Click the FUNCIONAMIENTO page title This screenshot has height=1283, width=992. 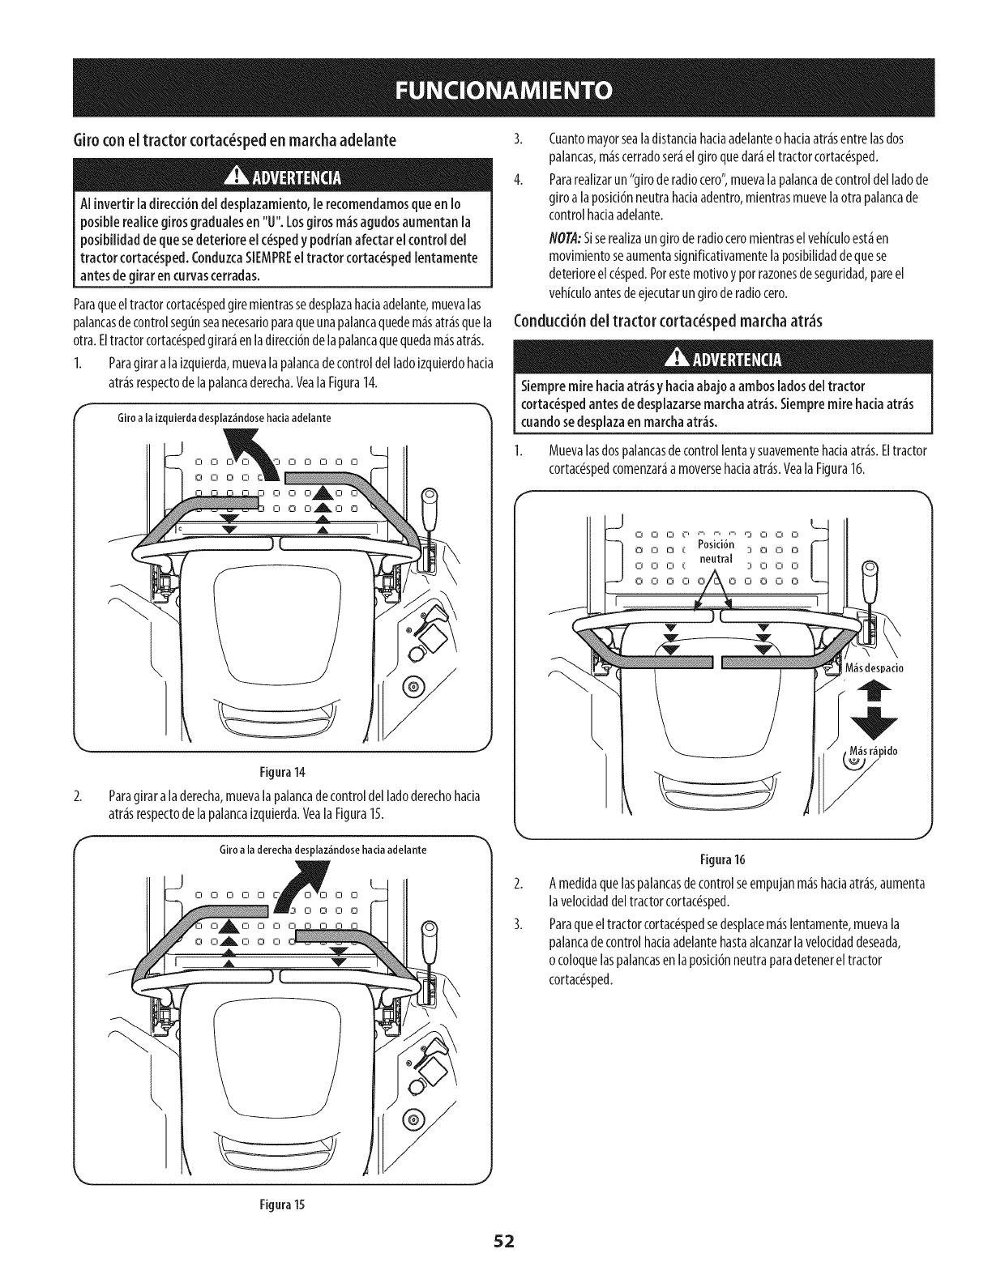[495, 88]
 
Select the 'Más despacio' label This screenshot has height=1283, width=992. [874, 668]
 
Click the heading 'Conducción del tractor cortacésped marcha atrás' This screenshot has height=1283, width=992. [669, 321]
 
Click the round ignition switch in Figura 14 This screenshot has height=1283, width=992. [413, 688]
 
